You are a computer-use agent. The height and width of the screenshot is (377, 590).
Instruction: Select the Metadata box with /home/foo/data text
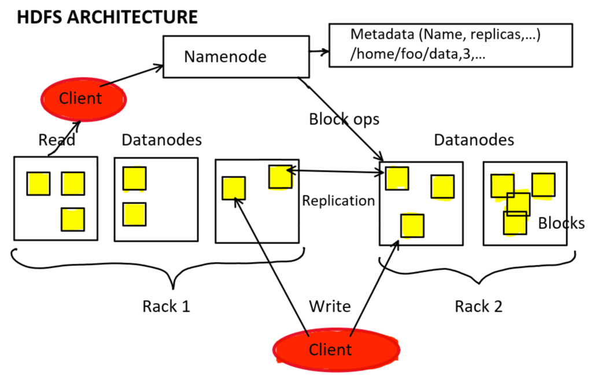click(x=450, y=46)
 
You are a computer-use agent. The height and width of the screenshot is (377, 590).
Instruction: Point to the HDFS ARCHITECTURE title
click(x=107, y=17)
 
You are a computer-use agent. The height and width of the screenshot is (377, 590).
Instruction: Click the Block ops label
click(x=344, y=119)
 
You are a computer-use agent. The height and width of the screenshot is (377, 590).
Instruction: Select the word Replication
click(x=338, y=201)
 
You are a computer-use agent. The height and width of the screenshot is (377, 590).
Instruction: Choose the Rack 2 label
click(x=478, y=306)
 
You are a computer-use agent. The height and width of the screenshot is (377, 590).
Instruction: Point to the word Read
click(x=56, y=140)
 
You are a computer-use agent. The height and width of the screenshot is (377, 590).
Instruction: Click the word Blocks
click(x=560, y=223)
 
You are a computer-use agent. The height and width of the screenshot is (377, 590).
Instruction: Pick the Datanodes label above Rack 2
click(x=474, y=140)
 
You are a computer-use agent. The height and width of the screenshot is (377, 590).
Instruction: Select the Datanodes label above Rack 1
click(x=161, y=140)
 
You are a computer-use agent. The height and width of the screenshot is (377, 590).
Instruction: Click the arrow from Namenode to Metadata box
click(x=318, y=53)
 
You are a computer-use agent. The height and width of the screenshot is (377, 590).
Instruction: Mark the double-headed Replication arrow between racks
click(x=335, y=171)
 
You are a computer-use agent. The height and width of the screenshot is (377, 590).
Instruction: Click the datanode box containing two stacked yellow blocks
click(x=156, y=199)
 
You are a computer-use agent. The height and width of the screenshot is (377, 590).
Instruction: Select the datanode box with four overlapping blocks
click(x=525, y=203)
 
